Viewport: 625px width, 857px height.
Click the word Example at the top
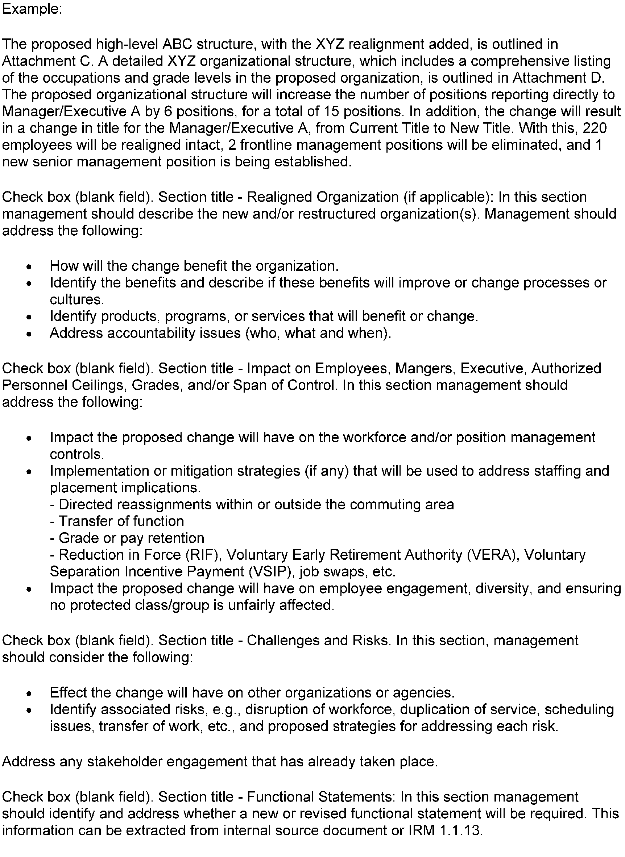(x=32, y=9)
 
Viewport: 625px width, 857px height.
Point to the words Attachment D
(x=558, y=78)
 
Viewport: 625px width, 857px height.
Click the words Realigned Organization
(x=323, y=197)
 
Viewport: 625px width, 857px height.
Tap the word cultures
(x=76, y=299)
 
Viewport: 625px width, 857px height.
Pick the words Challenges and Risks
(x=318, y=640)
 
